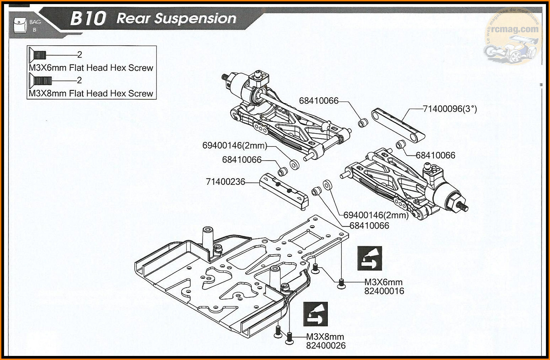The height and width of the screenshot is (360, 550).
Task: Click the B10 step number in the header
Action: click(x=88, y=19)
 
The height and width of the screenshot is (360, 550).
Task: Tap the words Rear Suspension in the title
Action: click(x=176, y=19)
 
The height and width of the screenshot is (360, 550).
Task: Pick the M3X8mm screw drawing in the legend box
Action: click(x=40, y=80)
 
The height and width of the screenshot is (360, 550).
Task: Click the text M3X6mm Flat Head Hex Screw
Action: click(x=91, y=68)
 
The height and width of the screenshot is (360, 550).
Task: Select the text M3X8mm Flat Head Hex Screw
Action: click(x=91, y=93)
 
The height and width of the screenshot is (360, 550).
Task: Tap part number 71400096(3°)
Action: click(x=450, y=109)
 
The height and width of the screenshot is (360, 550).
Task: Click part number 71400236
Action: click(x=225, y=182)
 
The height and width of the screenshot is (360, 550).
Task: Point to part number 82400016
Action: click(x=384, y=291)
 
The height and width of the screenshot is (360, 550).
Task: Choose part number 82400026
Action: click(x=326, y=346)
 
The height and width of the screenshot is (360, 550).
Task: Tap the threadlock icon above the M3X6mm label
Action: click(x=370, y=258)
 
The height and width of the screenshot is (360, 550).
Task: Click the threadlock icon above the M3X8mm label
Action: click(x=316, y=314)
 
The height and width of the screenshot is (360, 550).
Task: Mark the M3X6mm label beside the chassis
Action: click(x=383, y=282)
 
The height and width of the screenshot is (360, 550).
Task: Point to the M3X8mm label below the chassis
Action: click(x=325, y=337)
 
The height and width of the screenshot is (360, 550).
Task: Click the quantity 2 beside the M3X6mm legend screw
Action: click(x=80, y=55)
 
